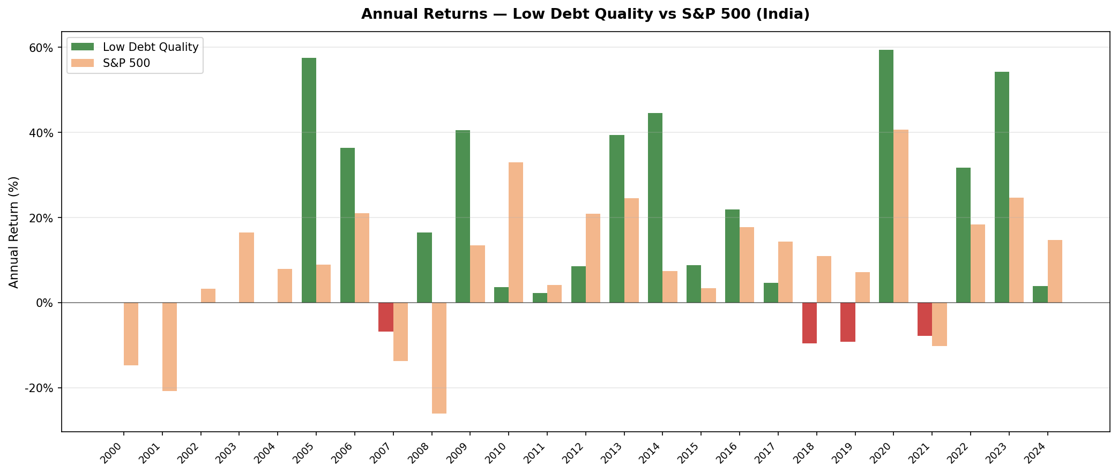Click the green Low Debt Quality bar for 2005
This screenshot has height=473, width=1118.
point(309,180)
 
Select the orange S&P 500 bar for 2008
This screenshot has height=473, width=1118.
point(439,358)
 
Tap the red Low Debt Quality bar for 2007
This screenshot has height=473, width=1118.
point(386,317)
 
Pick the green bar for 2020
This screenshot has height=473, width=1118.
point(886,176)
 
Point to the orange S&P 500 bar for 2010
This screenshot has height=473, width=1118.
point(516,232)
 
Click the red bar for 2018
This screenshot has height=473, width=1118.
point(809,323)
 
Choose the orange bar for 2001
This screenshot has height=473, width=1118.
point(169,347)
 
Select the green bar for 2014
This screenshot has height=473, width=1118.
point(655,208)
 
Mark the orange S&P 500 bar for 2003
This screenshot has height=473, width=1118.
point(247,267)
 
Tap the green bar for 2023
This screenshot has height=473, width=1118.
point(1002,187)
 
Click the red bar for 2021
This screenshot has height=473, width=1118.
point(925,319)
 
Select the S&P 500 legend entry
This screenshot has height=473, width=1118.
point(126,63)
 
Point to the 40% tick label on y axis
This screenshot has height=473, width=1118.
point(41,133)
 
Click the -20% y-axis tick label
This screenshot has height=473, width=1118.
point(39,388)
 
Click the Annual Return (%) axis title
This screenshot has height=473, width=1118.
point(14,232)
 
